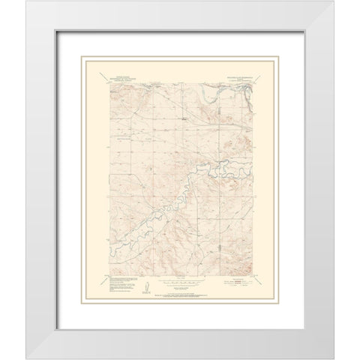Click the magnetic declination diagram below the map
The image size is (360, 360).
[x=145, y=285]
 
